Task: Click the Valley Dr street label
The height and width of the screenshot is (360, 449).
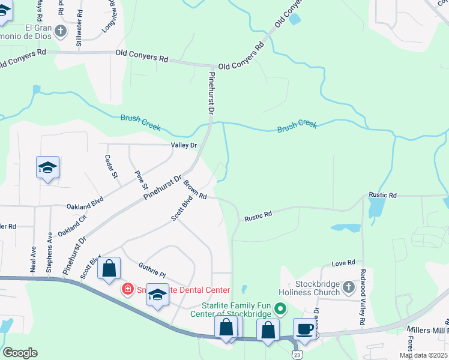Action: pos(184,145)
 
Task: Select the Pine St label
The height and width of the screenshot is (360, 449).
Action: pos(141,179)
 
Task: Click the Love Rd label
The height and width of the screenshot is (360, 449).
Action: pos(343,263)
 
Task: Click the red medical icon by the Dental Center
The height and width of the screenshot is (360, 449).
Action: pos(127,290)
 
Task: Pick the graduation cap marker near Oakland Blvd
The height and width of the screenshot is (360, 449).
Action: pos(47,167)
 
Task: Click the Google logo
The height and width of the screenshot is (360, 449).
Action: pos(20,353)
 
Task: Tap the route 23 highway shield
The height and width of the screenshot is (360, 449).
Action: pos(297,355)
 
